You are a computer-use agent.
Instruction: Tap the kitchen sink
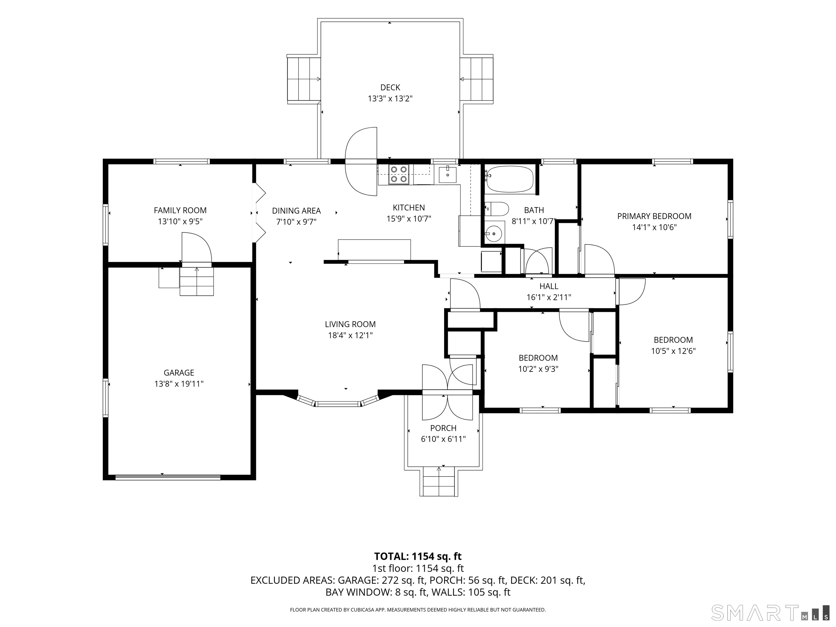click(447, 175)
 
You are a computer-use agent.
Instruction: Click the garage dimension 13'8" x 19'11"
click(179, 384)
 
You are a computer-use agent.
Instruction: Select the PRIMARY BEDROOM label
click(654, 216)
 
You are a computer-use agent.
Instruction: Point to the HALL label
click(549, 286)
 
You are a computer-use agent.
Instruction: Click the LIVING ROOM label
click(350, 324)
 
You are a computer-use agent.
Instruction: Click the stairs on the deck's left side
click(303, 79)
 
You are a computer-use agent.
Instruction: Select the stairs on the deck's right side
click(477, 79)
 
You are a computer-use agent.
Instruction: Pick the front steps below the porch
click(439, 482)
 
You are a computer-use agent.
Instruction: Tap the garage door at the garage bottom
click(168, 477)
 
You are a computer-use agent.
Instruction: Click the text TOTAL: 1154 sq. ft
click(418, 556)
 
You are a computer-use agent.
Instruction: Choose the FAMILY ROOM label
click(180, 211)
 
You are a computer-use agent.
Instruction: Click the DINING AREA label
click(296, 211)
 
